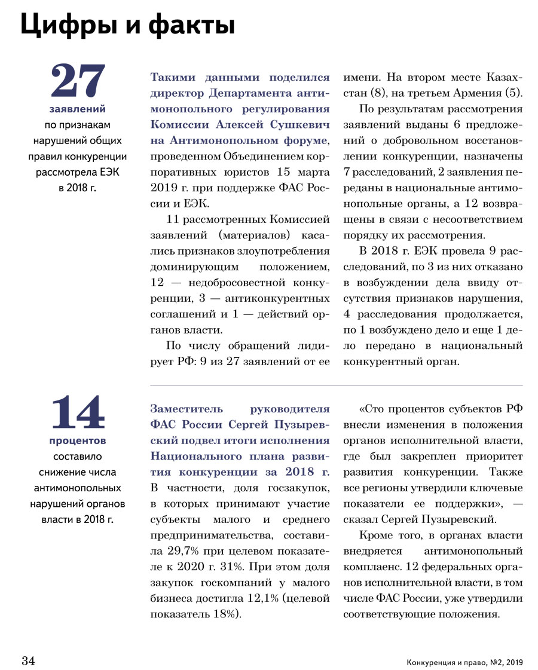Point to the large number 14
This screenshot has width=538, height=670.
coord(78,413)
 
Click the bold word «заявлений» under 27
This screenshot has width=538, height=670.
coord(78,109)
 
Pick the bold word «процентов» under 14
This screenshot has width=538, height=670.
coord(78,441)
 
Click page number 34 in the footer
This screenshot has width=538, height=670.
coord(29,661)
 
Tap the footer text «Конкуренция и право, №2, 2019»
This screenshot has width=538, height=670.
coord(464,662)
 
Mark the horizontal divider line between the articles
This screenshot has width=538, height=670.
coord(336,385)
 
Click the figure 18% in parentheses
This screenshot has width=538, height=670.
coord(227,612)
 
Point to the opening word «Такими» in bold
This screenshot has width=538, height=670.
coord(170,78)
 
